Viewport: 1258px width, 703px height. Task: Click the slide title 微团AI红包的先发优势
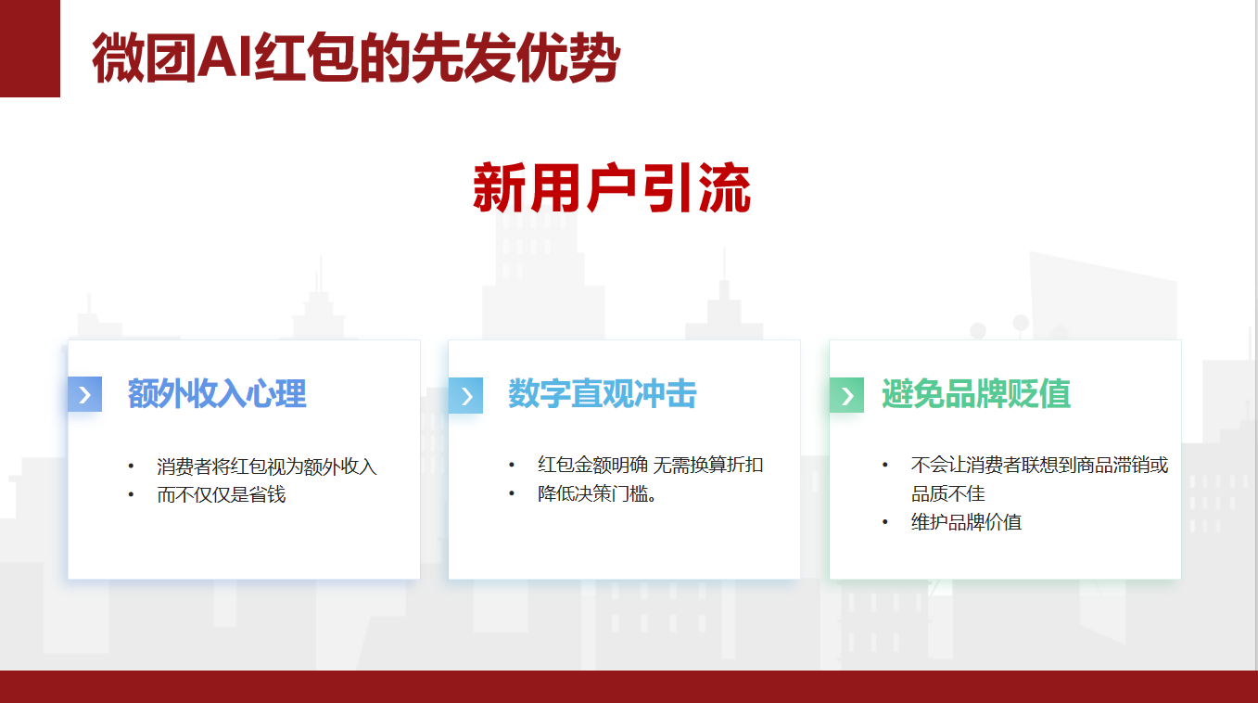[356, 58]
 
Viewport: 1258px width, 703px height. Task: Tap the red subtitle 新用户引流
[612, 187]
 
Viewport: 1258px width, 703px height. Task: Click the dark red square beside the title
[30, 48]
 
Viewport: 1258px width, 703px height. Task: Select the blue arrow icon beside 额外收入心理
[84, 394]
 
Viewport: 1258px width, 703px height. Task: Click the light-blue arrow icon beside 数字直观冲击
[465, 396]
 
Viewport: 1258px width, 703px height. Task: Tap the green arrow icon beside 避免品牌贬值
[847, 395]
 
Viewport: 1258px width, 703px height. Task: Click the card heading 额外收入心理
[217, 393]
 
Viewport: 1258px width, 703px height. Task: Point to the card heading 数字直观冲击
[603, 393]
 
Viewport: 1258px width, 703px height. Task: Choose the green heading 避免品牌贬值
[976, 393]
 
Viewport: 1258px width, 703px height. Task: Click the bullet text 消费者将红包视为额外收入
[267, 467]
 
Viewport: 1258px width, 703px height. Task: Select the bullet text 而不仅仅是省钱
[222, 494]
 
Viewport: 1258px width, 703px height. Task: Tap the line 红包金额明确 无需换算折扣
[651, 465]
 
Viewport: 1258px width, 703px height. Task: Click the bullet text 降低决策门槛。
[597, 493]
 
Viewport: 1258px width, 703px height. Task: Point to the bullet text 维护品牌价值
[966, 522]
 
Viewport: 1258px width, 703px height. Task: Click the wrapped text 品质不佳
[948, 493]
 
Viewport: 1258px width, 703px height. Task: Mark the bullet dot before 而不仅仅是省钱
[131, 495]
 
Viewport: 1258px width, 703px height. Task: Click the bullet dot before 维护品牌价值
[885, 523]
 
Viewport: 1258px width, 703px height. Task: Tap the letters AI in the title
[224, 58]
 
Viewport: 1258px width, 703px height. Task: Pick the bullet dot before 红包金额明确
[512, 466]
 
